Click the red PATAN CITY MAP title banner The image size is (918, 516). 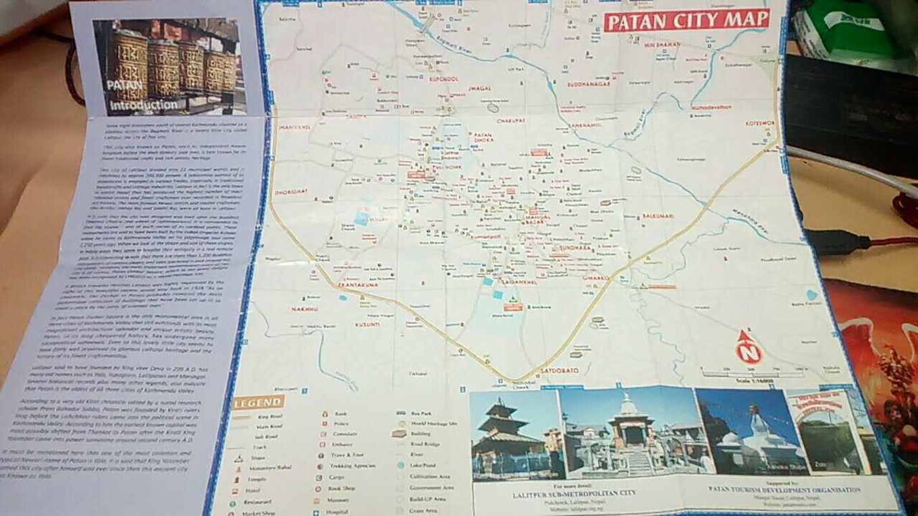point(686,20)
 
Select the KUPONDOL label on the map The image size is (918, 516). point(443,79)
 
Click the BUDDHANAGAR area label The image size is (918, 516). point(589,84)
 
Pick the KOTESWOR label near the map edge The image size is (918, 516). point(762,124)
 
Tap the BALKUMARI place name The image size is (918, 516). point(659,216)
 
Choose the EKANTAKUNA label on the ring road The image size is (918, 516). point(357,286)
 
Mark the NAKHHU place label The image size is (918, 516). point(304,310)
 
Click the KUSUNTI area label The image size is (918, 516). point(368,324)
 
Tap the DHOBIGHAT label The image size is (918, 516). point(291,192)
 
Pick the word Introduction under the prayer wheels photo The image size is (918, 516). point(144,105)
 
